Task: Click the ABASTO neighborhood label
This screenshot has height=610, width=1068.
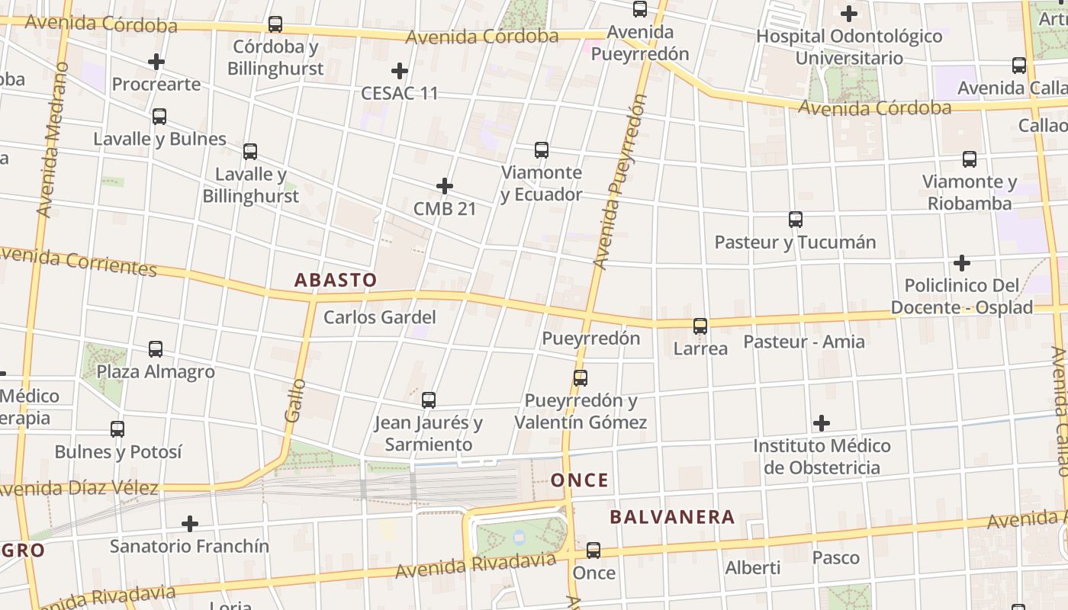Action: (x=336, y=280)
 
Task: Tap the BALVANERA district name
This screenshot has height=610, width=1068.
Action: (x=672, y=517)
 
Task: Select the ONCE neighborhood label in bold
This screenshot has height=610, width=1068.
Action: (x=580, y=480)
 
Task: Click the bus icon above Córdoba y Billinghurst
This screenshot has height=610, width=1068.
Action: (x=275, y=24)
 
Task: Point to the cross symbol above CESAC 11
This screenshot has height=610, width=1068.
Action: (x=399, y=71)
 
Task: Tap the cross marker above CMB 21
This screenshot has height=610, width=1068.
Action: (x=445, y=185)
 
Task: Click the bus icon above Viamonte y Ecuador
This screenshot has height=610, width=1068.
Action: (x=542, y=149)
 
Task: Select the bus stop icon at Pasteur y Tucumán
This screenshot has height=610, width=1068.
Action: (x=796, y=220)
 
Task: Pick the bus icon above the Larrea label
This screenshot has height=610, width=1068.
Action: (x=700, y=326)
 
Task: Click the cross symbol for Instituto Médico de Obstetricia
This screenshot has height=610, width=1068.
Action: (x=822, y=422)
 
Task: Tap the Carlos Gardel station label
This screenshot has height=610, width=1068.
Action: (x=380, y=317)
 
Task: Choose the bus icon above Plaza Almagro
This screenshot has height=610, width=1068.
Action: (x=156, y=349)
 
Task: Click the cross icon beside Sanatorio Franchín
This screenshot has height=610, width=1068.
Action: (x=190, y=524)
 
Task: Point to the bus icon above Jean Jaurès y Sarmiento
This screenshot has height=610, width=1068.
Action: (x=429, y=400)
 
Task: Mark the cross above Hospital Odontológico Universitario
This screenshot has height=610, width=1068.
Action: (x=849, y=13)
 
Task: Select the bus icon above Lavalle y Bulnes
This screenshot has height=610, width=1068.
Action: (x=159, y=117)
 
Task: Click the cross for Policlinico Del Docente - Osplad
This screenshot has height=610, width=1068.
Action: (x=962, y=263)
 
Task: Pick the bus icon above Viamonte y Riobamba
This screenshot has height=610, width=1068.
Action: (x=970, y=159)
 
